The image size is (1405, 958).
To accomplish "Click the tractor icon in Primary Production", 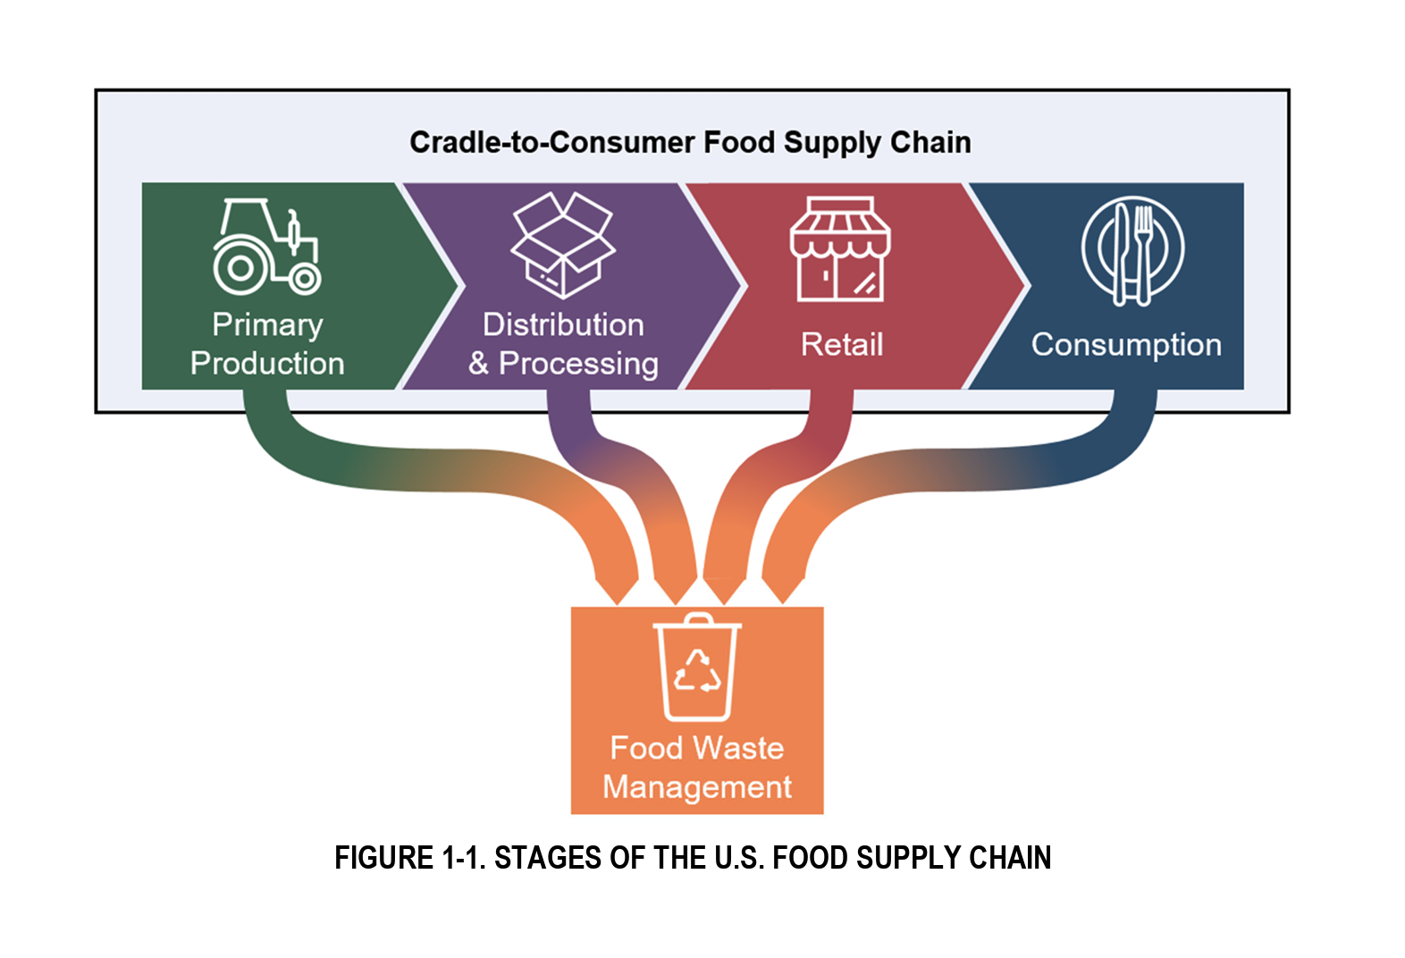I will pos(266,247).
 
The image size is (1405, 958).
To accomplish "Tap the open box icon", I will pos(563,245).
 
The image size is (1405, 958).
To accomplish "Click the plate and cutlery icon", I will pos(1132,251).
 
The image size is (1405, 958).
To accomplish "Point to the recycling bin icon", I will pos(697,668).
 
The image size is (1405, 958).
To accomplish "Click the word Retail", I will pos(842,344).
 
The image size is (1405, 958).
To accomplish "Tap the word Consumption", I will pos(1126,344).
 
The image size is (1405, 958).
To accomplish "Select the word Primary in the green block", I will pos(267,324).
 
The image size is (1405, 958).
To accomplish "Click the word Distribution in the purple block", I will pos(563,324).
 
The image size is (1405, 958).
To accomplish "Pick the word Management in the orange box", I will pos(697,786).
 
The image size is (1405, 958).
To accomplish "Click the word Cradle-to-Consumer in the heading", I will pos(551,142).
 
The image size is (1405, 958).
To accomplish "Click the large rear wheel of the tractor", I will pos(239,267).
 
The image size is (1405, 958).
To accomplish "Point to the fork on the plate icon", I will pos(1143,251).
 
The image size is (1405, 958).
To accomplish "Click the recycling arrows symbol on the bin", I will pos(698,673).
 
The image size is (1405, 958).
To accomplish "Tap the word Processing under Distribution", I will pos(578,364).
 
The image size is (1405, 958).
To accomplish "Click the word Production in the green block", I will pos(267,364).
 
